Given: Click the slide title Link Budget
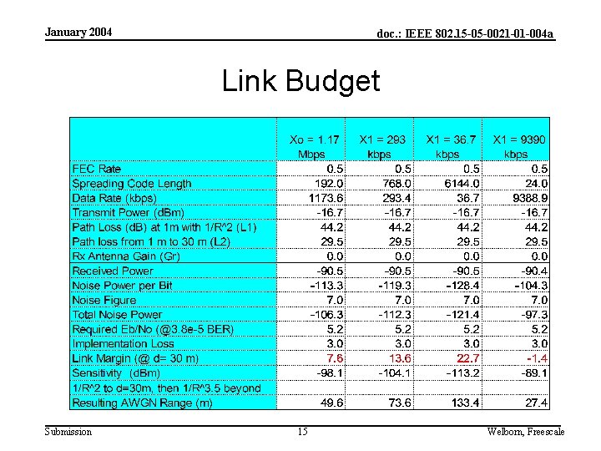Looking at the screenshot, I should point(300,81).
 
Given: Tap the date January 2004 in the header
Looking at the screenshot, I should point(78,33).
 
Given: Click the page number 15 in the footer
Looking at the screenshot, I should point(302,432).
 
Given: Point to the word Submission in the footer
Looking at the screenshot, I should point(68,432).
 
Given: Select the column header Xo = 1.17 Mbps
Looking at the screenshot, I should point(314,147).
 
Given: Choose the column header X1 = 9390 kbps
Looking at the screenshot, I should point(517,147).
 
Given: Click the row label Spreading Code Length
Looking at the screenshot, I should point(132,184).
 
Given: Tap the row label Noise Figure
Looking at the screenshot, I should point(104,300).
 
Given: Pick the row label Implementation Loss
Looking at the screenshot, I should point(123,343).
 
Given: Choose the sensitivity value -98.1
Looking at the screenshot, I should point(327,372).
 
